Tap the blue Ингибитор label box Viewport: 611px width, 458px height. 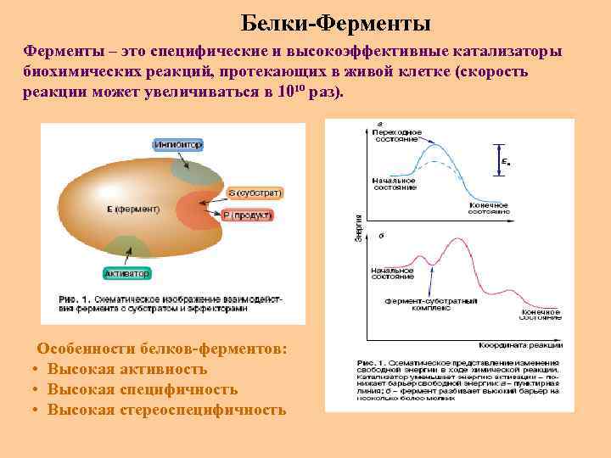177,145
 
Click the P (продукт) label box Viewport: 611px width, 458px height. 248,216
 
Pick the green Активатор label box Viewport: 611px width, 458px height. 126,274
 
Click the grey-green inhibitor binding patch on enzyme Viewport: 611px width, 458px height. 193,171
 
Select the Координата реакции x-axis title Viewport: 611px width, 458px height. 520,344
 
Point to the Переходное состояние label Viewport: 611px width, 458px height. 395,136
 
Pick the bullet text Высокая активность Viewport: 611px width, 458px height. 127,370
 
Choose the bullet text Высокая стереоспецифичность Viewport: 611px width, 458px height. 166,411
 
